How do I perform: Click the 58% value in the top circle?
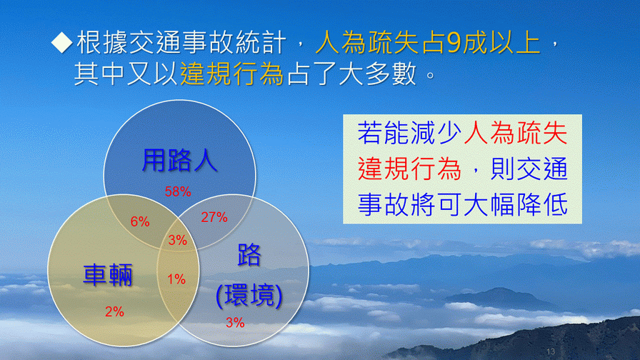(x=178, y=191)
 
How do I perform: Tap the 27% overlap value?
(x=214, y=217)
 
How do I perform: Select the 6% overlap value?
(x=140, y=221)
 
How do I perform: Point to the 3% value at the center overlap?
(x=178, y=240)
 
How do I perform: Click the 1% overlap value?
(x=176, y=279)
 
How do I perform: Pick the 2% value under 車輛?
(x=115, y=312)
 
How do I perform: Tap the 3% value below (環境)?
(x=235, y=322)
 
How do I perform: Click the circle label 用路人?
(x=179, y=161)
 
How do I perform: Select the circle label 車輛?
(x=108, y=275)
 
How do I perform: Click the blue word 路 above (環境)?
(x=249, y=255)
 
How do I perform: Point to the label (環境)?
(x=249, y=295)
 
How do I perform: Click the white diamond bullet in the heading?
(x=62, y=42)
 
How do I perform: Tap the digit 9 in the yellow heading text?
(x=454, y=43)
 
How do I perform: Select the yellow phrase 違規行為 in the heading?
(x=232, y=74)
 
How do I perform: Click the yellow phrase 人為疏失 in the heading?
(x=366, y=42)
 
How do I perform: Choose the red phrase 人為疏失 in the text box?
(x=516, y=133)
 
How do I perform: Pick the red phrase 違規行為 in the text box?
(x=409, y=169)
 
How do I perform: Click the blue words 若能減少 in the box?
(x=410, y=133)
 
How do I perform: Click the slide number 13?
(x=551, y=351)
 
